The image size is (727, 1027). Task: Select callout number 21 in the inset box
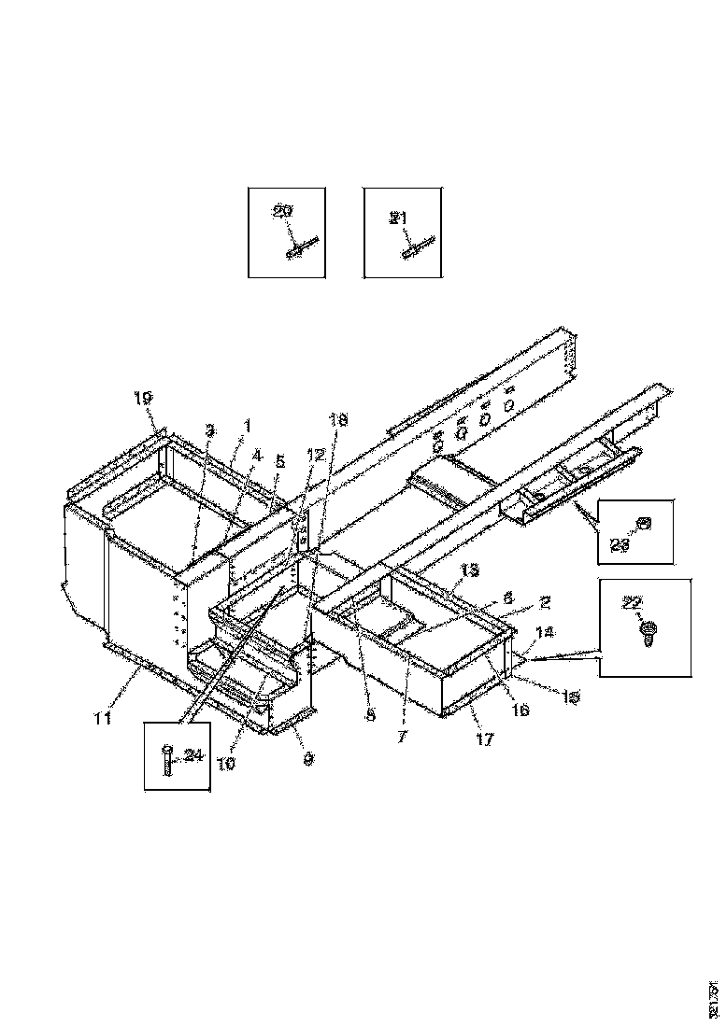pyautogui.click(x=399, y=218)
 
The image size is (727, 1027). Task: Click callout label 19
pyautogui.click(x=142, y=398)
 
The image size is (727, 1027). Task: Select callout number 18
pyautogui.click(x=338, y=421)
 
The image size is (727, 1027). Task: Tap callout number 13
pyautogui.click(x=469, y=570)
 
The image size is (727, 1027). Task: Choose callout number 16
pyautogui.click(x=520, y=710)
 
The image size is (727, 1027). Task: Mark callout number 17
pyautogui.click(x=485, y=740)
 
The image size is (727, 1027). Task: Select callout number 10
pyautogui.click(x=227, y=762)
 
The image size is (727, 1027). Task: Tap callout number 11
pyautogui.click(x=103, y=719)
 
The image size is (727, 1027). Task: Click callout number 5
pyautogui.click(x=278, y=460)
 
